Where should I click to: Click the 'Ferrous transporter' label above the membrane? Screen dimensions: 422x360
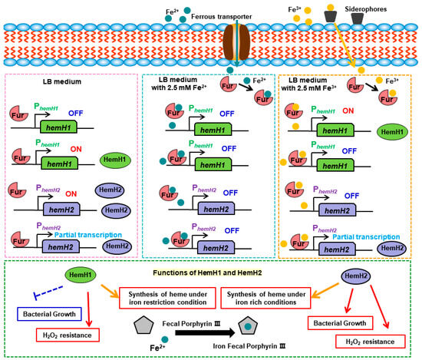[x=221, y=17]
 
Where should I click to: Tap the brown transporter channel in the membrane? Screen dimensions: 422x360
[x=236, y=42]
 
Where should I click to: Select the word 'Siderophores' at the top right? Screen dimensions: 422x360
[x=366, y=9]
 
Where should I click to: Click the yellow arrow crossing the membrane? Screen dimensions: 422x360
[x=345, y=45]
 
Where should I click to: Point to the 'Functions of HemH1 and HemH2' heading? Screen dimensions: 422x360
[x=207, y=272]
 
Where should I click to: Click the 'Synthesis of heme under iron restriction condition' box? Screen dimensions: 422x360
[x=167, y=298]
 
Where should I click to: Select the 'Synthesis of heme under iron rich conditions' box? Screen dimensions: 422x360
[x=265, y=298]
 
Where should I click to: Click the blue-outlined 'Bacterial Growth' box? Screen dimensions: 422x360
[x=49, y=314]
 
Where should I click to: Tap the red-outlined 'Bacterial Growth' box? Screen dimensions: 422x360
[x=340, y=323]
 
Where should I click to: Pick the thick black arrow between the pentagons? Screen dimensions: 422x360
[x=205, y=333]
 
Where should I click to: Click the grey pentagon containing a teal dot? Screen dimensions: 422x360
[x=248, y=325]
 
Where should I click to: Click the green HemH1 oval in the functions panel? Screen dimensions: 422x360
[x=81, y=275]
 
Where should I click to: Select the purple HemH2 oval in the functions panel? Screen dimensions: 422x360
[x=356, y=276]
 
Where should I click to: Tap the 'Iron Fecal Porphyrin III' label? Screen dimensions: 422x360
[x=249, y=346]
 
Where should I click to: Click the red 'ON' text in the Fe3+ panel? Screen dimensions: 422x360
[x=348, y=111]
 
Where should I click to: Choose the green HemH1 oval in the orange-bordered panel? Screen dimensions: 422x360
[x=392, y=132]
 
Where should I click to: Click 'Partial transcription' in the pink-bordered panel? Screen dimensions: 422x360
[x=88, y=235]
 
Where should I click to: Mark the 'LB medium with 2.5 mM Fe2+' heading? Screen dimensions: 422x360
[x=179, y=84]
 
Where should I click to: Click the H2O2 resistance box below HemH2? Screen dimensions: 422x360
[x=371, y=342]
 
